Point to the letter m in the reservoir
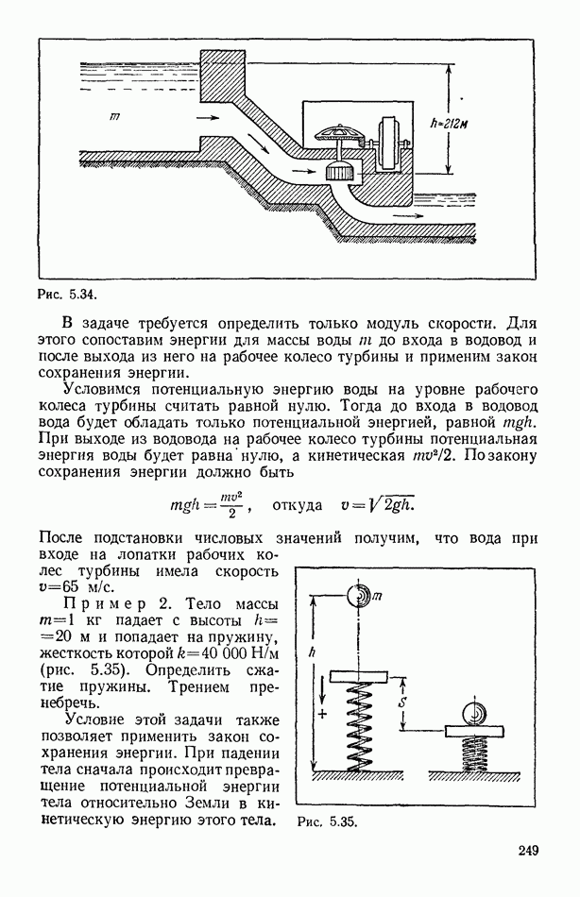coord(113,116)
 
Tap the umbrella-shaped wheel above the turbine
coord(339,133)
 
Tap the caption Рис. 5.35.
coord(327,821)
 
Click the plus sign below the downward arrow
coord(322,715)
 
